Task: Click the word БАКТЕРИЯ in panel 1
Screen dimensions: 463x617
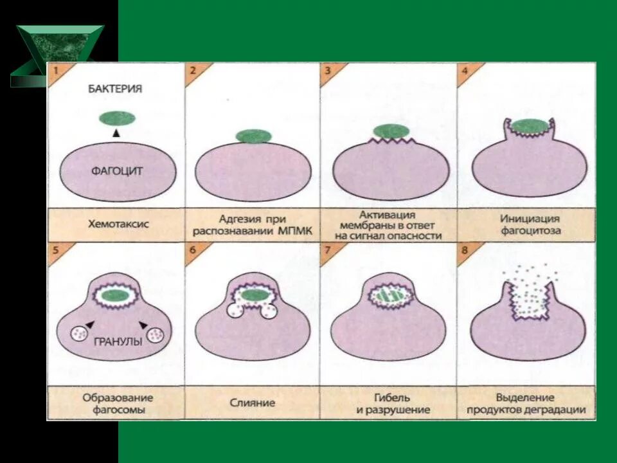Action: click(115, 89)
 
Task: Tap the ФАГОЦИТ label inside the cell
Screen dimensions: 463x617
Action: click(116, 171)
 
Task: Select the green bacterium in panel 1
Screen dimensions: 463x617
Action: click(116, 118)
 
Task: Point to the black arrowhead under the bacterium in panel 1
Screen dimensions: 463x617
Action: click(116, 133)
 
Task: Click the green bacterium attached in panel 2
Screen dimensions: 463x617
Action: click(253, 136)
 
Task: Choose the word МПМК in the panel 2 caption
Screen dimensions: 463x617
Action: click(296, 232)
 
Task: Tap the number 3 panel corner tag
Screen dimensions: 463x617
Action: click(327, 71)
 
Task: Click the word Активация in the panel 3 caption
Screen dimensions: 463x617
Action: click(388, 215)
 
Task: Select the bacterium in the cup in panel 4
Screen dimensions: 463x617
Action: click(529, 127)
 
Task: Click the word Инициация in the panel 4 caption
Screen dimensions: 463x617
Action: click(529, 219)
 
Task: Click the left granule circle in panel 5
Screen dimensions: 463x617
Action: click(80, 334)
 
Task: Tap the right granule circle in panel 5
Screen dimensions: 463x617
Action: click(156, 334)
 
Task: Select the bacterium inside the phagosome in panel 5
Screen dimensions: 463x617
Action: click(116, 296)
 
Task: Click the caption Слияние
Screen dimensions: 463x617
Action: click(253, 403)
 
